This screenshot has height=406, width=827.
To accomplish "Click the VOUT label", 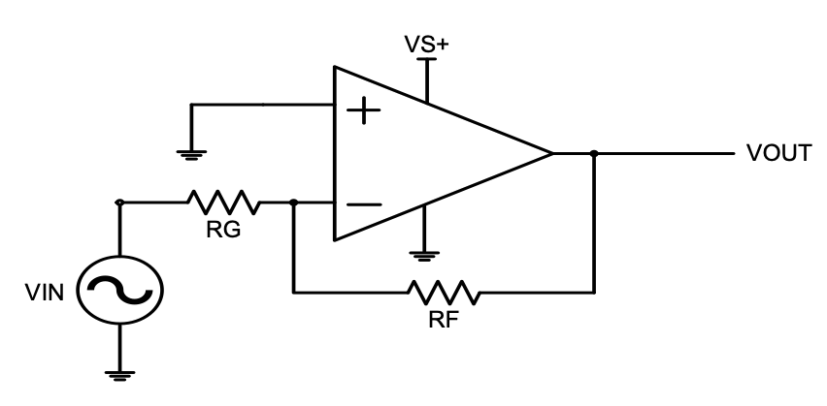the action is pos(778,153).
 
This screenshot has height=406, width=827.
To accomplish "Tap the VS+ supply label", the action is pos(427,45).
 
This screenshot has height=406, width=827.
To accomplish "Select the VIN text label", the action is pos(45,293).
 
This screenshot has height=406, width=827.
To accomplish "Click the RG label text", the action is pos(223,230).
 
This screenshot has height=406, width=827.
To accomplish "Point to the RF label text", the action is pos(444,320).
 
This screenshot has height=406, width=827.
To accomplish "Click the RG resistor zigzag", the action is pos(223,203).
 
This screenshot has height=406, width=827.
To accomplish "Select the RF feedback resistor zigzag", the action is pos(445,293).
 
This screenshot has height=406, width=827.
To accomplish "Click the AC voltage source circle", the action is pos(120,290).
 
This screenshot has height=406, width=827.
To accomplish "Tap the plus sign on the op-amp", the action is pos(363,110).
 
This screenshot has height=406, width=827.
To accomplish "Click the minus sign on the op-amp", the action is pos(364,204).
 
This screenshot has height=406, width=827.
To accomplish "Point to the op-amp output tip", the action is pos(552,153).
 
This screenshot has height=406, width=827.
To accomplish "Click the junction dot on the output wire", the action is pos(594,153).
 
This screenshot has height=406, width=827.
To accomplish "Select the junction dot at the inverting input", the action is pos(294,203).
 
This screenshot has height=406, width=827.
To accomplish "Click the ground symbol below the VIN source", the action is pos(119,375).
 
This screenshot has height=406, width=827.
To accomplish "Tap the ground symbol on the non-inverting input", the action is pos(191,155).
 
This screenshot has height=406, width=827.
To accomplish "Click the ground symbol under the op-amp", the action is pos(424,257).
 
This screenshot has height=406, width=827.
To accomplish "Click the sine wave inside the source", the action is pos(120,290).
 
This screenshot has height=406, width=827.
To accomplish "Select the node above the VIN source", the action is pos(119,203).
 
